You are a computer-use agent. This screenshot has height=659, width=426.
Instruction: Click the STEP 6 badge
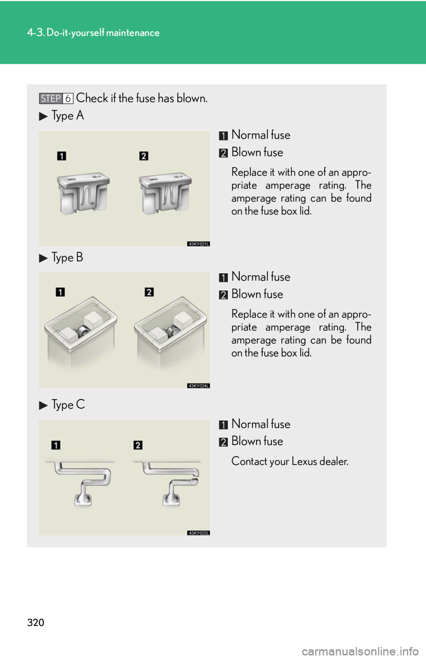point(56,98)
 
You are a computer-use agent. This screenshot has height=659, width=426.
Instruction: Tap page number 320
point(35,623)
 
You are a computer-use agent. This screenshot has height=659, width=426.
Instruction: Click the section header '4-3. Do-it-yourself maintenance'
point(93,33)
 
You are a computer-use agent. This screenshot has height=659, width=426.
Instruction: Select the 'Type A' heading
point(68,115)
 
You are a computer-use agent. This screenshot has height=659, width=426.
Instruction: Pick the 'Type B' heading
point(67,258)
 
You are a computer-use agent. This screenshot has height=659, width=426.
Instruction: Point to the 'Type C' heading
point(68,405)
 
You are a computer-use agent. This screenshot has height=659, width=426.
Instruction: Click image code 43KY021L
point(198,244)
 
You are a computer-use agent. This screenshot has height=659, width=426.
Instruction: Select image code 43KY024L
point(198,386)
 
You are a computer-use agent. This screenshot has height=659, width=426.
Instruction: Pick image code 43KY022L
point(198,533)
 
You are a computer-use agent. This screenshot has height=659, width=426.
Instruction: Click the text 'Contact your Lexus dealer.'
point(290,461)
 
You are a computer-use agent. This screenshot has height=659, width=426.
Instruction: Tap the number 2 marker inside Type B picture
point(149,292)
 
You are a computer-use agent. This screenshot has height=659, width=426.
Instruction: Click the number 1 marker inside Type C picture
point(56,445)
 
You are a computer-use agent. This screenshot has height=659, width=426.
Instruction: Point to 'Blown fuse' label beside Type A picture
point(257,152)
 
